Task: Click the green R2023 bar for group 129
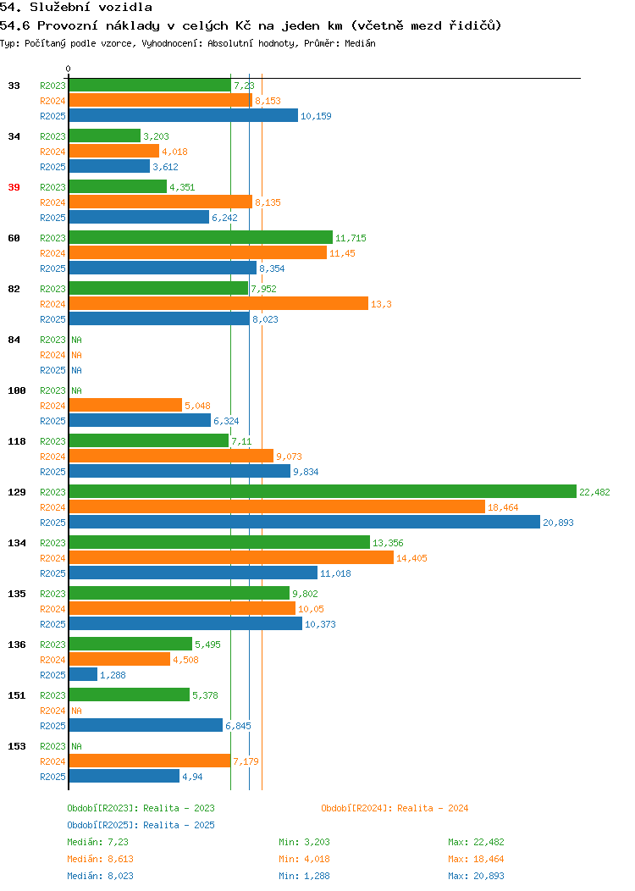tap(323, 491)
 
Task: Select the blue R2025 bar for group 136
tap(83, 674)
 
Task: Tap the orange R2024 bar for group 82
tap(218, 303)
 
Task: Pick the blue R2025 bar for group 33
tap(184, 115)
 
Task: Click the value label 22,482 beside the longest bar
tap(594, 492)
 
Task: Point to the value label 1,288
tap(113, 675)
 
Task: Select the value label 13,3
tap(381, 304)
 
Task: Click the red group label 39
tap(14, 187)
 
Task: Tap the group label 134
tap(17, 543)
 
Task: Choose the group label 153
tap(17, 746)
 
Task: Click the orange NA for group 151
tap(77, 711)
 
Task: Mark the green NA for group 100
tap(77, 390)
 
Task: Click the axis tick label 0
tap(69, 69)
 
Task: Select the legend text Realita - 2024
tap(433, 808)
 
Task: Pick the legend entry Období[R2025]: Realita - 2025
tap(141, 825)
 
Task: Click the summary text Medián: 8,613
tap(101, 859)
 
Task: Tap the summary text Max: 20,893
tap(476, 877)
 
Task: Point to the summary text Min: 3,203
tap(304, 842)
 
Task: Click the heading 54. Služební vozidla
tap(76, 8)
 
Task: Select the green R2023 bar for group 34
tap(104, 136)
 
